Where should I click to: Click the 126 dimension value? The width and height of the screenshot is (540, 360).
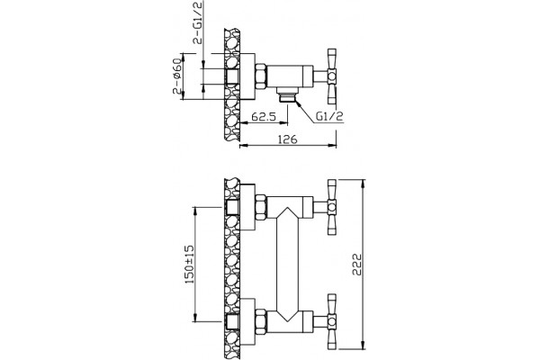click(287, 139)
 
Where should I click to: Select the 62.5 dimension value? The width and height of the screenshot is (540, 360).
click(264, 117)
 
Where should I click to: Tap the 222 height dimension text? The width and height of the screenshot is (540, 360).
click(357, 265)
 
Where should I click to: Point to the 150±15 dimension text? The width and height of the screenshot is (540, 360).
click(189, 265)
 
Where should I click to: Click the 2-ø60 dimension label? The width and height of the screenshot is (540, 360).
click(176, 76)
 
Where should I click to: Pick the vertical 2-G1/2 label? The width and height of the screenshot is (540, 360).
click(198, 22)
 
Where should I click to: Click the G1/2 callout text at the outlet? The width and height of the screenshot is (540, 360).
click(330, 116)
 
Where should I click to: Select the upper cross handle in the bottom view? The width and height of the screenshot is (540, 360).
click(331, 207)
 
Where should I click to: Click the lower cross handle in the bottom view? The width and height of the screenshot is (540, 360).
click(331, 321)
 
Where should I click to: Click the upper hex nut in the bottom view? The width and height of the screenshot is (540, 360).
click(261, 207)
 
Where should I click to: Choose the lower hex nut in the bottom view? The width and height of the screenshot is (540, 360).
click(261, 321)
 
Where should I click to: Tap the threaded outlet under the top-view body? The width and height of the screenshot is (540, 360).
click(287, 94)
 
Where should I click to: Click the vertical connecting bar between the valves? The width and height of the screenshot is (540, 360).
click(287, 265)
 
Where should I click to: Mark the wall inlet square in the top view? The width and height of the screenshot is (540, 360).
click(232, 76)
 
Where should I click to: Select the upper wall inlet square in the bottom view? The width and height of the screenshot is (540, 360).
click(232, 207)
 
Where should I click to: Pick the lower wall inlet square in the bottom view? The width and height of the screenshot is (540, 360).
click(232, 321)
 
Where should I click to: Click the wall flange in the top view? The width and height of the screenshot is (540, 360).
click(247, 76)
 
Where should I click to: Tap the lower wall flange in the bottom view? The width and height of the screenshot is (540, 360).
click(247, 321)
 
